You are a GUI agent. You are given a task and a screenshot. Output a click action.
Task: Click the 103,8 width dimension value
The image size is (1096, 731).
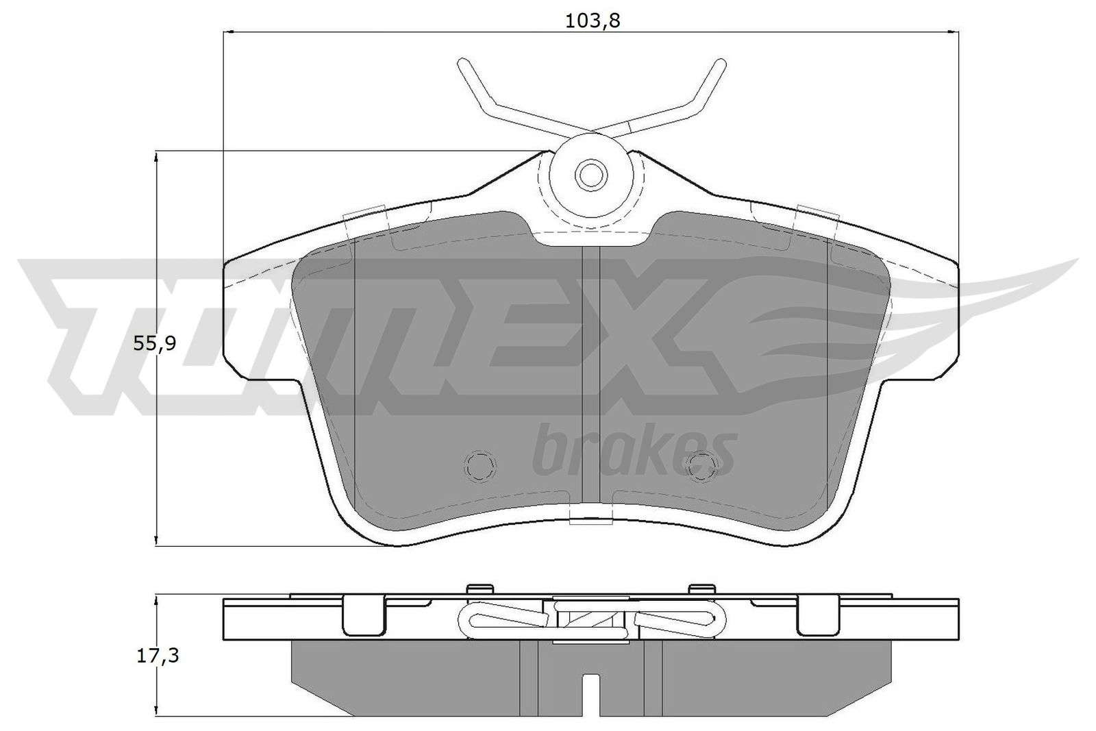593,21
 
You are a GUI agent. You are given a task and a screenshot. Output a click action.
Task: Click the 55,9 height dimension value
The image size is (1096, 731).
155,344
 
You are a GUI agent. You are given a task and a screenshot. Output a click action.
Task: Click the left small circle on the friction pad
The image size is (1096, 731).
480,464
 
